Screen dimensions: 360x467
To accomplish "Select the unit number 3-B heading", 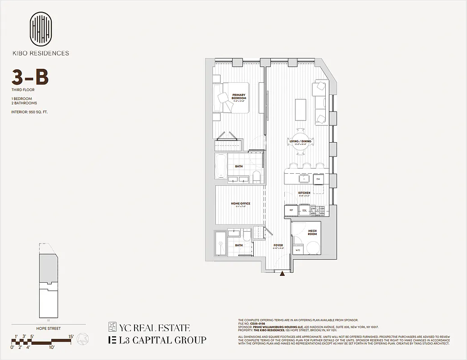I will pos(30,78).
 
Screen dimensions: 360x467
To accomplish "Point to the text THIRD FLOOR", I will pos(23,90).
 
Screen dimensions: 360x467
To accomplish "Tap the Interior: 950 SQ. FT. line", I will pos(30,111).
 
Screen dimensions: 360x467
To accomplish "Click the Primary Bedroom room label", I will pos(239,97).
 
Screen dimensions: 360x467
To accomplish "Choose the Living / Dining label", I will pos(300,141).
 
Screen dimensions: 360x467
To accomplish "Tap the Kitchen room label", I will pos(304,193).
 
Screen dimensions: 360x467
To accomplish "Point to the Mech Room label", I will pos(312,233).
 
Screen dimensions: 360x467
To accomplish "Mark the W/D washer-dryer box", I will pos(297,250).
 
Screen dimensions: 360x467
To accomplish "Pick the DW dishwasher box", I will pos(318,179).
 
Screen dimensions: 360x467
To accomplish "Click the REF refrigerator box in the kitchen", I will pos(291,210).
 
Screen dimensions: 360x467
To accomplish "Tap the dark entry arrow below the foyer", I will pos(282,273).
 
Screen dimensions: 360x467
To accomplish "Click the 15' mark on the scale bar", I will pos(71,337).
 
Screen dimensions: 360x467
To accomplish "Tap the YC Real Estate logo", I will pos(149,328).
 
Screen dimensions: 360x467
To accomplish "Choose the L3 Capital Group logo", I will pos(157,340).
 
